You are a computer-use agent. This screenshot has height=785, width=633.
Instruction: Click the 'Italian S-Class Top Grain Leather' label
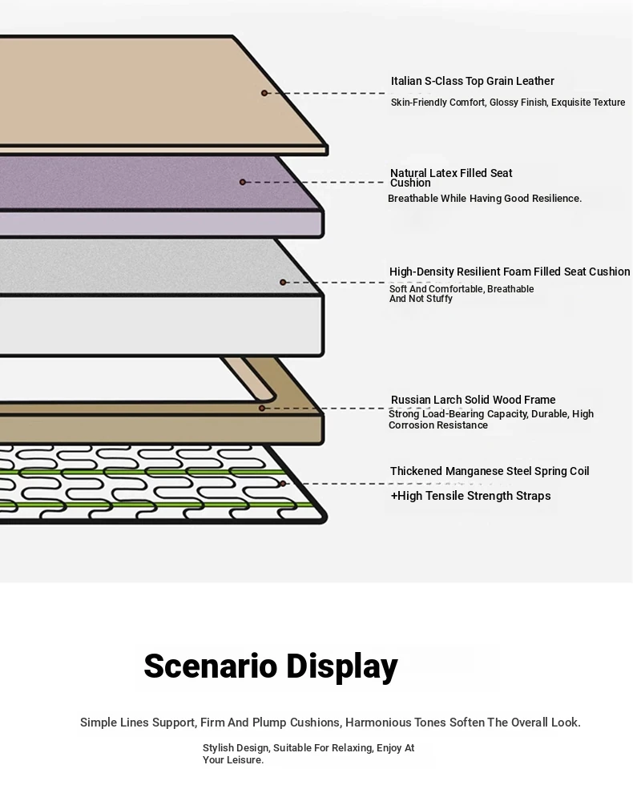[x=472, y=81]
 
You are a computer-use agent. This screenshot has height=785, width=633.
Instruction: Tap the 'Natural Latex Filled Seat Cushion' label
[x=451, y=178]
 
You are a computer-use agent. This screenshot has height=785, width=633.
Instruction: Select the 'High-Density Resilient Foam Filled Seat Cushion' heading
[x=510, y=272]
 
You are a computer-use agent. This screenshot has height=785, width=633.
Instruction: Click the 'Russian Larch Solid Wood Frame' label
[x=473, y=400]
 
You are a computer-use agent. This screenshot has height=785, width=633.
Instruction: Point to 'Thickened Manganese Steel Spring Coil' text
[x=490, y=471]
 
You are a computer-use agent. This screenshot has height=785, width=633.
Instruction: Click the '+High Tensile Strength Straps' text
[x=471, y=496]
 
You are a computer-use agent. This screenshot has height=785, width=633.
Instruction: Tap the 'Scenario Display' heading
[x=271, y=666]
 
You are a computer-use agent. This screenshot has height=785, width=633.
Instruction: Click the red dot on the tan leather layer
[x=264, y=93]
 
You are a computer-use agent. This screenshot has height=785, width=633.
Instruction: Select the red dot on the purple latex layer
[x=242, y=183]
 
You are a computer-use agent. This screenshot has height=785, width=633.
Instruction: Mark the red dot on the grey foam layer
[x=283, y=282]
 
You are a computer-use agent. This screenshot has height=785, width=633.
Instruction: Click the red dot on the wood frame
[x=261, y=409]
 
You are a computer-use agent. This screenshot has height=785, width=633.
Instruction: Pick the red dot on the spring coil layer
[x=283, y=484]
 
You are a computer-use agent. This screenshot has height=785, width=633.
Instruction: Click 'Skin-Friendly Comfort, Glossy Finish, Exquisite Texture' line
[x=508, y=103]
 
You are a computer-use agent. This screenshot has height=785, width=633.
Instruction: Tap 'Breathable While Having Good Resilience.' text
[x=485, y=199]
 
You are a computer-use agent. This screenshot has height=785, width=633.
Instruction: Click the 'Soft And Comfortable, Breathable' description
[x=462, y=289]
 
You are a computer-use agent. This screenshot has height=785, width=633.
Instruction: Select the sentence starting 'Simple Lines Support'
[x=330, y=723]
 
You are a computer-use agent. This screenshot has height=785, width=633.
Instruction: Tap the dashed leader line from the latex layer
[x=314, y=183]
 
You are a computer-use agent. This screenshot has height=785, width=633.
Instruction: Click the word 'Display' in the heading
[x=341, y=666]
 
